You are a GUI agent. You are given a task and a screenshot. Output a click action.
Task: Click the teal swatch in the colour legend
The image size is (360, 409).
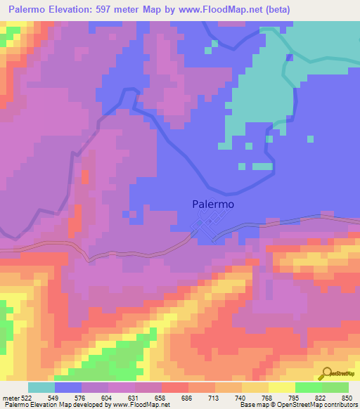click(x=41, y=387)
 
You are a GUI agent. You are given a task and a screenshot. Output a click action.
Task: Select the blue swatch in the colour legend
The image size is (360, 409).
click(x=68, y=387)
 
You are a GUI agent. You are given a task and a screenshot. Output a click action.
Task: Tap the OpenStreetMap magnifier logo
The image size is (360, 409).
click(x=326, y=372)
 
